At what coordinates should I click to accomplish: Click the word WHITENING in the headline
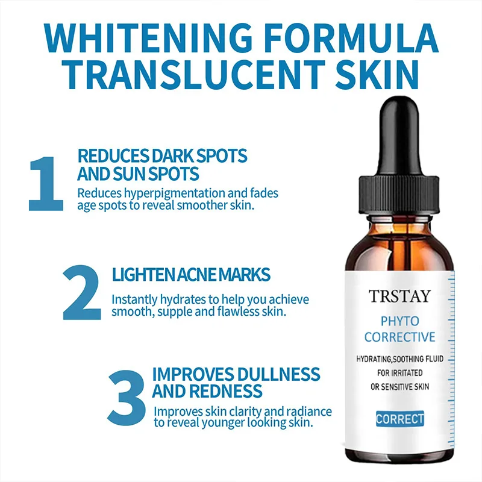[148, 38]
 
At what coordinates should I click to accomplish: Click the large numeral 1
[46, 184]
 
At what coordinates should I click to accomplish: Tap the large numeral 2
[82, 292]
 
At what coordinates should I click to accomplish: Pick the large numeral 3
[127, 398]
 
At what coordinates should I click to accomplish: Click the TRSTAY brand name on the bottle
[399, 296]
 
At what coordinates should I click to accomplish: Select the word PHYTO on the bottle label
[399, 321]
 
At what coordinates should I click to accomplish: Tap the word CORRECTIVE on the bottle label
[399, 337]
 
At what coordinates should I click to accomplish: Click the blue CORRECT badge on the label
[400, 419]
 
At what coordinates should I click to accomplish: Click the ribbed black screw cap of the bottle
[399, 195]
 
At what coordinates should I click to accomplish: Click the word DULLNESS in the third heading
[278, 374]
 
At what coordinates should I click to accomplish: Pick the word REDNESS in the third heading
[225, 391]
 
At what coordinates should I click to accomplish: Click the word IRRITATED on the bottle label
[408, 373]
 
